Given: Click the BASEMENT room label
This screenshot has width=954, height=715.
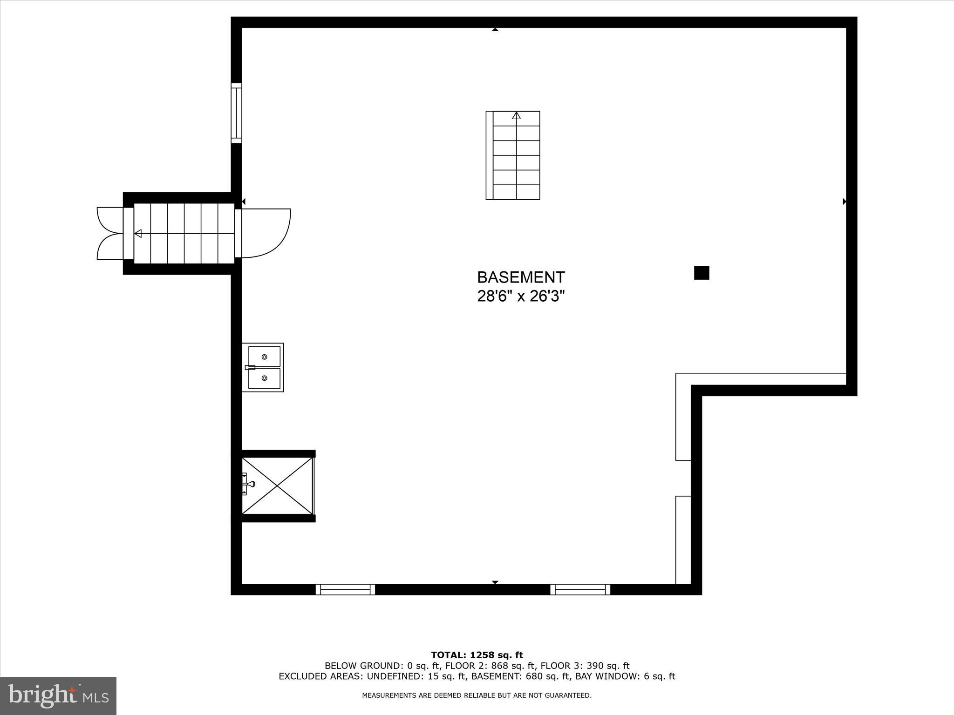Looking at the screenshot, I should [x=521, y=277].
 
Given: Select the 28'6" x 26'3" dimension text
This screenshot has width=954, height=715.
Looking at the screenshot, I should [x=521, y=296].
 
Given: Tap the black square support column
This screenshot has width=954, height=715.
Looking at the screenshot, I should [x=702, y=273].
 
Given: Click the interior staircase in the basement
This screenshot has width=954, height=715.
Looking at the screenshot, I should [x=513, y=155].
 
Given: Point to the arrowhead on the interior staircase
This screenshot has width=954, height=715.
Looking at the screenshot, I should [x=516, y=115].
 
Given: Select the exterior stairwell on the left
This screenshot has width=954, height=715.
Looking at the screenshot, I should [x=184, y=233].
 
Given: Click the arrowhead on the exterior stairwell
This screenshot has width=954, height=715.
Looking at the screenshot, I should [x=138, y=233].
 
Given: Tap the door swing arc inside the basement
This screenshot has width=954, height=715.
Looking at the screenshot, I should [x=268, y=233].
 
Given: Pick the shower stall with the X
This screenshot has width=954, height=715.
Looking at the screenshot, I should [x=278, y=486].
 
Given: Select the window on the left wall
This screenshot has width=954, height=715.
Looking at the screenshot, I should [x=237, y=113].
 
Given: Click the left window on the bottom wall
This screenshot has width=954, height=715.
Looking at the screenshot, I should [x=345, y=589].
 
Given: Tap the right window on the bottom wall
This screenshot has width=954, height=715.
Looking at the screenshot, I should [x=580, y=589].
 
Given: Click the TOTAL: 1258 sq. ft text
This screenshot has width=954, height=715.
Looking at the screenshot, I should [x=477, y=655].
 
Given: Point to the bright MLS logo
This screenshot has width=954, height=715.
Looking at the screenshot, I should [x=58, y=695].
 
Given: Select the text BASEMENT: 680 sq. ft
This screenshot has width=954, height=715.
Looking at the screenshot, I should [x=522, y=676].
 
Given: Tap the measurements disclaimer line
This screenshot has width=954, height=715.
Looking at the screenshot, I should [x=477, y=695].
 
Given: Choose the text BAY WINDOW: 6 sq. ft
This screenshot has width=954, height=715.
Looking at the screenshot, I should [x=625, y=676].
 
